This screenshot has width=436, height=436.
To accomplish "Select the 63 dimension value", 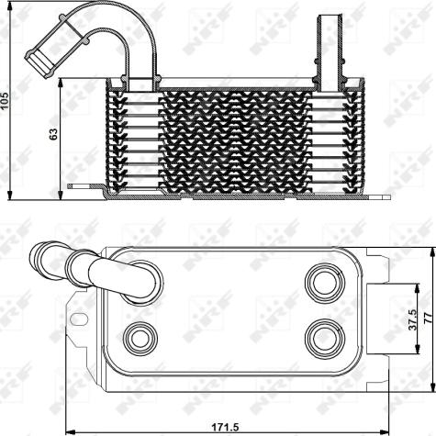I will [54, 134].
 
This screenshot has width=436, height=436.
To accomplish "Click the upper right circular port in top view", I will [323, 279].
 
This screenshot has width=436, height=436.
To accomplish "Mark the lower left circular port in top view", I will [140, 337].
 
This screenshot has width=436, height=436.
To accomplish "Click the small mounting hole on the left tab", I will [79, 321].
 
